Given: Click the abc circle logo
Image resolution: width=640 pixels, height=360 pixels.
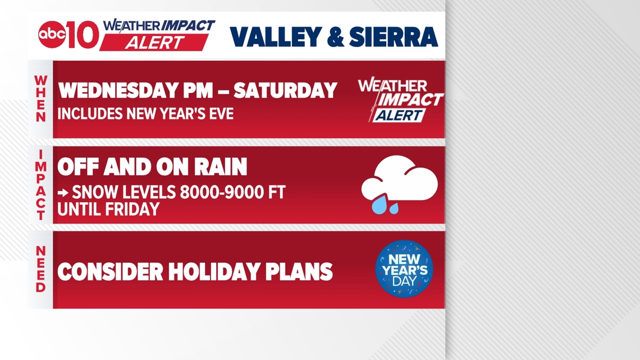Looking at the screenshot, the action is click(x=52, y=34).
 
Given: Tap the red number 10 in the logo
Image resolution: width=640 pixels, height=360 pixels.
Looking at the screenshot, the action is click(x=83, y=34).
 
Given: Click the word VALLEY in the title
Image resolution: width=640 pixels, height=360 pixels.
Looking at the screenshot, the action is click(x=276, y=37).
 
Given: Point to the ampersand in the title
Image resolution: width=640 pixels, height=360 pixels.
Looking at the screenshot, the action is click(x=336, y=37).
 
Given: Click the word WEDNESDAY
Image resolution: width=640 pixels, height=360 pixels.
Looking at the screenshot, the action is click(x=118, y=90).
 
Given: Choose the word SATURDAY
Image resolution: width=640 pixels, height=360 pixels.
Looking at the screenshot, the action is click(x=285, y=90).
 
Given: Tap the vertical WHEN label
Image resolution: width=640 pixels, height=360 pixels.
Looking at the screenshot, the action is click(x=41, y=99).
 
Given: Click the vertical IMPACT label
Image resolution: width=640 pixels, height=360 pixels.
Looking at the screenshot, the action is click(x=41, y=184).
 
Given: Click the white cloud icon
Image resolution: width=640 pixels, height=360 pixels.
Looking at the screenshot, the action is click(x=400, y=178).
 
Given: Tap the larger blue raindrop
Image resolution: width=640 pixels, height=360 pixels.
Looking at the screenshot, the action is click(x=380, y=204).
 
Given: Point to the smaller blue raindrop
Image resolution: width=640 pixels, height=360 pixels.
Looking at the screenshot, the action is click(x=394, y=208).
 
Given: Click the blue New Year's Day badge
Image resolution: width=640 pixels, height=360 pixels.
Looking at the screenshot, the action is click(x=404, y=268).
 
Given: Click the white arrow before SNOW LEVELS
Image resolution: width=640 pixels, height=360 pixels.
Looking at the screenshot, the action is click(x=63, y=193).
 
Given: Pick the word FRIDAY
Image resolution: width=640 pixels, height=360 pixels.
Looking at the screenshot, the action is click(x=132, y=209).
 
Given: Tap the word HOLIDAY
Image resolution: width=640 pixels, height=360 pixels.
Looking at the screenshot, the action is click(x=214, y=272).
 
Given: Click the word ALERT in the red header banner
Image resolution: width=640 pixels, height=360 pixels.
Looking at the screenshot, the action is click(x=155, y=43).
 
